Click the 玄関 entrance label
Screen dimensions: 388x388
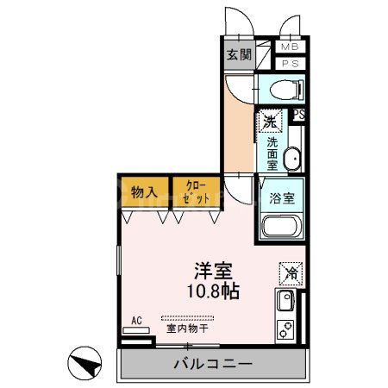(238, 55)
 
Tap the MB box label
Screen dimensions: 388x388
(288, 47)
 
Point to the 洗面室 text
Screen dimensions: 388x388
(271, 153)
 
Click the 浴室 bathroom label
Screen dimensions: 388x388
(282, 197)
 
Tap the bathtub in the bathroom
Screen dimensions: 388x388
(280, 228)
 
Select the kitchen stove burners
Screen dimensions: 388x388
(285, 330)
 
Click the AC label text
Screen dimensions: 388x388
(136, 321)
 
